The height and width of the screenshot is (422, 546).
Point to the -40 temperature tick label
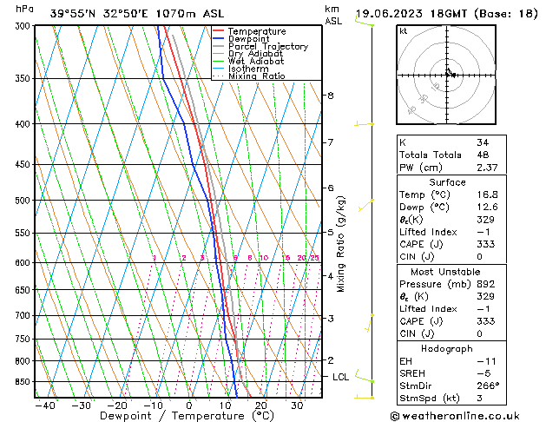point(44,406)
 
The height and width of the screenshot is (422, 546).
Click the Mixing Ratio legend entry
point(256,76)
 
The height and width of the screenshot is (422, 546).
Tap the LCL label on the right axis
point(341,377)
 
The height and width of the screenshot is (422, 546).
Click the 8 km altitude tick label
point(330,96)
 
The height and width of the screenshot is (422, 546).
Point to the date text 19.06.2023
point(391,14)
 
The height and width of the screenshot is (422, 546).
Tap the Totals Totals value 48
point(483,155)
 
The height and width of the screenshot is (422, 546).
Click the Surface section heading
point(447,182)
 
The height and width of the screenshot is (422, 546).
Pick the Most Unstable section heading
point(447,271)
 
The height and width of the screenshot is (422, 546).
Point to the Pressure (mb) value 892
point(485,284)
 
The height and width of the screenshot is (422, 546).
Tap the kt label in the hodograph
point(403,31)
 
